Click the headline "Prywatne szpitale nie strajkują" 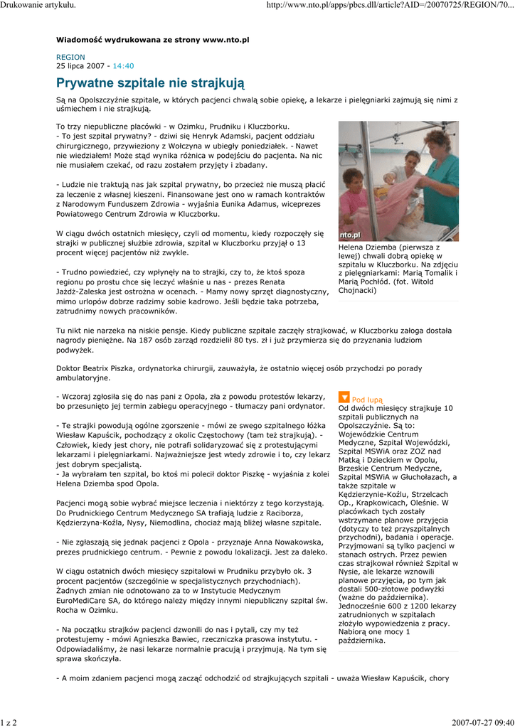point(150,83)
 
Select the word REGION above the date point(70,57)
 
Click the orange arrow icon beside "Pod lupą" point(344,398)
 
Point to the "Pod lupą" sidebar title point(367,400)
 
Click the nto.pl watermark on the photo point(351,235)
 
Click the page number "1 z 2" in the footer point(9,722)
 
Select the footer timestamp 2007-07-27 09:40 point(482,722)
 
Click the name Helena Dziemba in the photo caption point(366,247)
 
